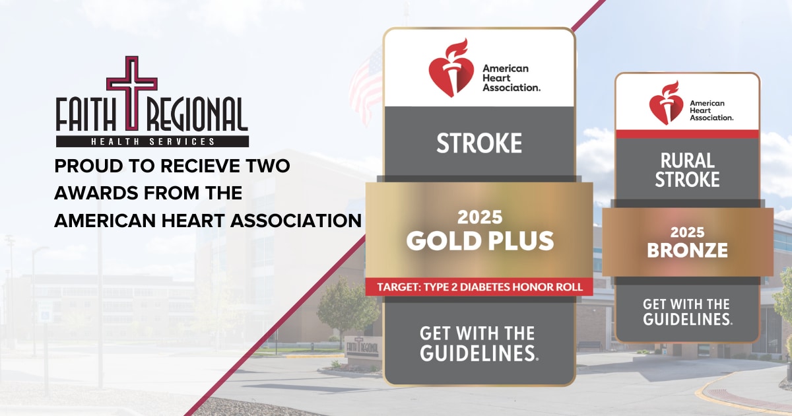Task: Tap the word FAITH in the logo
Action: tap(86, 115)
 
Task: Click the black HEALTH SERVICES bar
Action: tap(152, 141)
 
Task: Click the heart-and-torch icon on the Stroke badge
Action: tap(451, 67)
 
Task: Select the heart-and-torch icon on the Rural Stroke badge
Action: tap(666, 102)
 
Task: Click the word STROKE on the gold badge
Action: tap(479, 143)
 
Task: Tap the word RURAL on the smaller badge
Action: tap(687, 161)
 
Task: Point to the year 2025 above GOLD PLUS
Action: tap(480, 217)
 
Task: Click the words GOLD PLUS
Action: tap(480, 240)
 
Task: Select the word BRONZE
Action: tap(687, 250)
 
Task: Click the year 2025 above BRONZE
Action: tap(687, 232)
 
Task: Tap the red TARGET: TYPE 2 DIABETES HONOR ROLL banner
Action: tap(479, 287)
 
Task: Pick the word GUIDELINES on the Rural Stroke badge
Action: tap(686, 319)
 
